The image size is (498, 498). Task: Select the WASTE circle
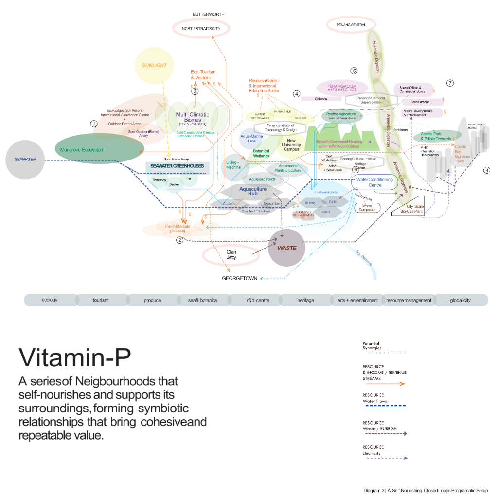[287, 248]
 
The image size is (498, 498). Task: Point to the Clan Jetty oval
[231, 254]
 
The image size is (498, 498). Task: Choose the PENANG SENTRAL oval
[351, 24]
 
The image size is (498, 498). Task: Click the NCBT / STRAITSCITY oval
[201, 29]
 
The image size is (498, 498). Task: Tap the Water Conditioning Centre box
[375, 182]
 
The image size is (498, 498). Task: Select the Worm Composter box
[367, 207]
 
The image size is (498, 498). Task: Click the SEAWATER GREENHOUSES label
[177, 166]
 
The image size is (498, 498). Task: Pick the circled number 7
[450, 83]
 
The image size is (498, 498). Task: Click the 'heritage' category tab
[305, 300]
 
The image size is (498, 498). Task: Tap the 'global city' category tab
[460, 300]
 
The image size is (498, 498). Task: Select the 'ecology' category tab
[50, 300]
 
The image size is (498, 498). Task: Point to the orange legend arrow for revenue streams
[384, 384]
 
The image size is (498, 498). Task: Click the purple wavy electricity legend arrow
[384, 458]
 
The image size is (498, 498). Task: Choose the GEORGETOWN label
[239, 279]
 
